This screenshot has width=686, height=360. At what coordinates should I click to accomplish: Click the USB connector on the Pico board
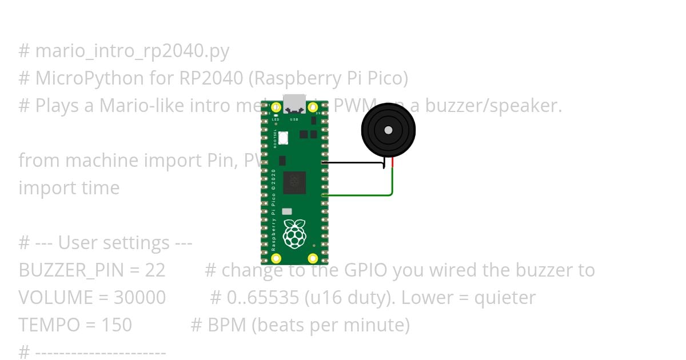pos(294,104)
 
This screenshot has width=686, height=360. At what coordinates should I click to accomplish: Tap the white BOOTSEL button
pos(284,138)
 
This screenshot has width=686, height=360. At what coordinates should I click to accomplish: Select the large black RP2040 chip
pos(294,182)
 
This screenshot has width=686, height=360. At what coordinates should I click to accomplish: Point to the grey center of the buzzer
pos(388,130)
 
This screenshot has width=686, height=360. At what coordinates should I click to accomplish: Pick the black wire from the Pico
pos(354,163)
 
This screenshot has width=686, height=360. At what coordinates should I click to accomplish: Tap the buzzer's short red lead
pos(393,163)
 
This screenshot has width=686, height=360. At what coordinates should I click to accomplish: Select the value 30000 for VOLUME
pos(140,298)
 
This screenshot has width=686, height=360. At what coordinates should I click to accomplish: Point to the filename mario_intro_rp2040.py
pos(132,51)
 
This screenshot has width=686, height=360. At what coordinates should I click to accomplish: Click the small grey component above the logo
pos(287,211)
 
